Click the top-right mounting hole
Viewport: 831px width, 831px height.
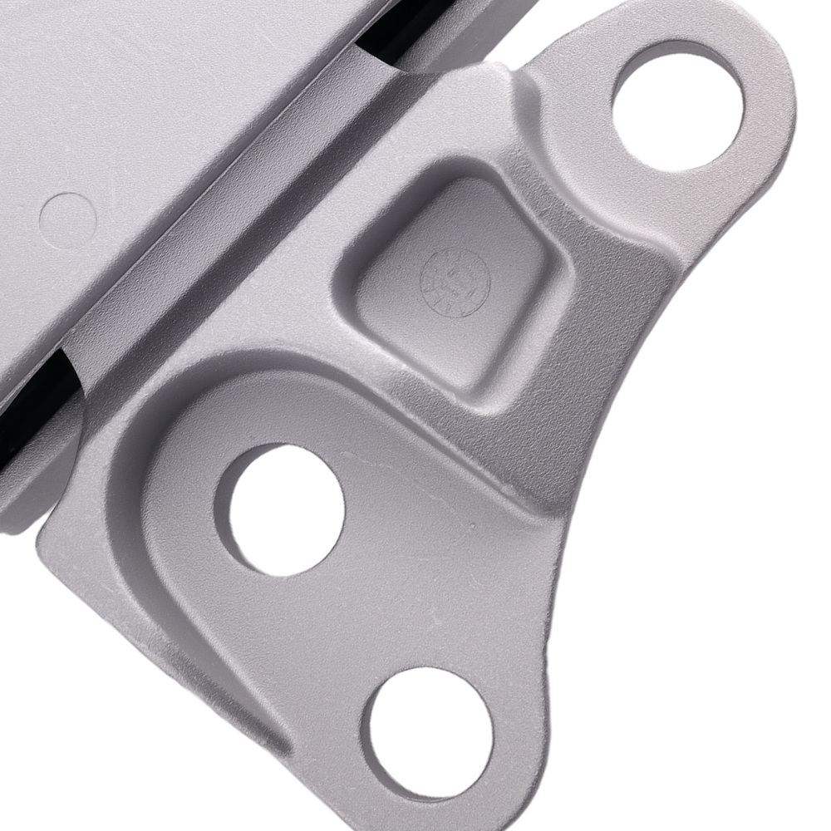pos(677,106)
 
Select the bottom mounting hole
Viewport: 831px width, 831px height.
pos(431,731)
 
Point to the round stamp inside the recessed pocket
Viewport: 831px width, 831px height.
pos(456,282)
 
